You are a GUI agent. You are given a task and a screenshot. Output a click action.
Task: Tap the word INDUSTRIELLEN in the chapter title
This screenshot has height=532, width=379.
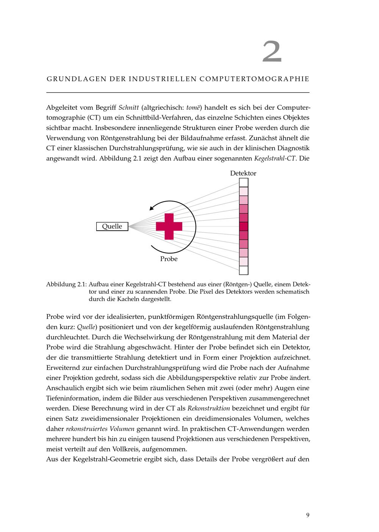click(163, 79)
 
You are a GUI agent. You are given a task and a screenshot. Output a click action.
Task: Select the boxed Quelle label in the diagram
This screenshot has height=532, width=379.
click(112, 227)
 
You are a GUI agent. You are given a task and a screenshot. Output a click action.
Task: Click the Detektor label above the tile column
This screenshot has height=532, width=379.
click(243, 173)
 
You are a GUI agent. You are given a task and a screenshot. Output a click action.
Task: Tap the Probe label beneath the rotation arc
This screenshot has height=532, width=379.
click(169, 259)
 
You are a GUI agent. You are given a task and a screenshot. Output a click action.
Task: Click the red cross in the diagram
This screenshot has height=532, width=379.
click(169, 227)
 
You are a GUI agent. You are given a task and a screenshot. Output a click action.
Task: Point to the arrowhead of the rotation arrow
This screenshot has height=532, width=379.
click(152, 208)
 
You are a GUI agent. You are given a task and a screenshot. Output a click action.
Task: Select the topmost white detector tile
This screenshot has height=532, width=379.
click(243, 183)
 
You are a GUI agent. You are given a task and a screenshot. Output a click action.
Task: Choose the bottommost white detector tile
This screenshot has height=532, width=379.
click(243, 270)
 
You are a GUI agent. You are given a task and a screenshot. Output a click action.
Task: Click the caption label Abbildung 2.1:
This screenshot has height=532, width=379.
click(66, 284)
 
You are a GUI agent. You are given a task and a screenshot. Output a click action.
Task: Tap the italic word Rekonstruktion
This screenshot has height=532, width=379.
click(208, 409)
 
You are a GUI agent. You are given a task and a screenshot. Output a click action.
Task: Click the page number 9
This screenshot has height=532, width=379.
click(308, 515)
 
